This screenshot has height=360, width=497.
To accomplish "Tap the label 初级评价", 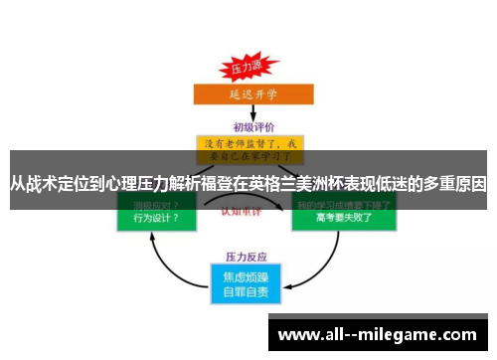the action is pos(249,126).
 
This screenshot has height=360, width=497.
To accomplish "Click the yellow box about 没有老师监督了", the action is pos(248,147).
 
